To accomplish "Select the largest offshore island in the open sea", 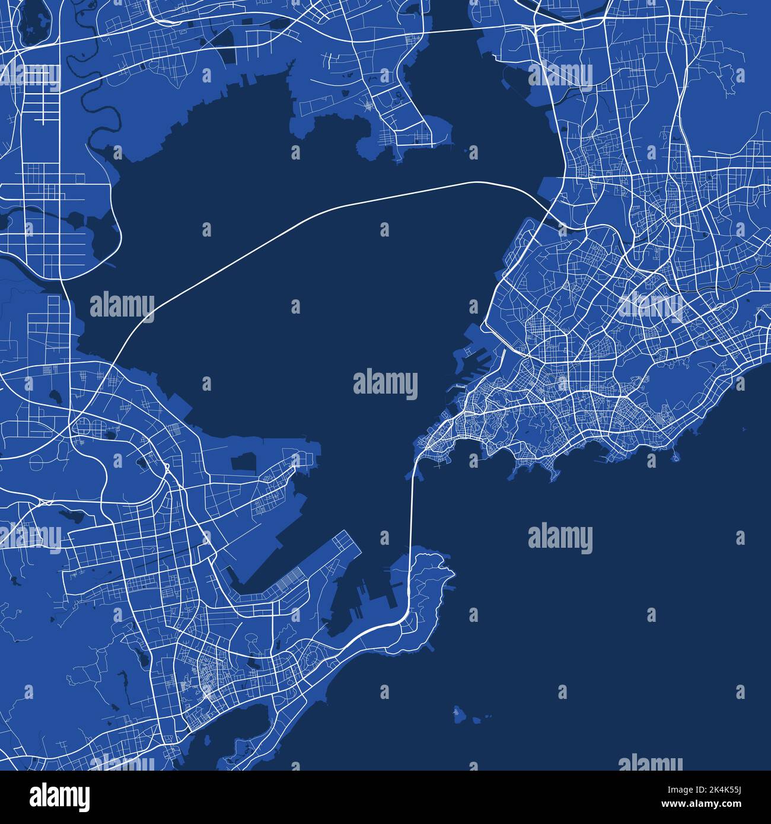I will coord(458,713).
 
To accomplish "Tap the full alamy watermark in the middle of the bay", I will coord(385,384).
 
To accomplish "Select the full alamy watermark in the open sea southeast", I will coord(560,538).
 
